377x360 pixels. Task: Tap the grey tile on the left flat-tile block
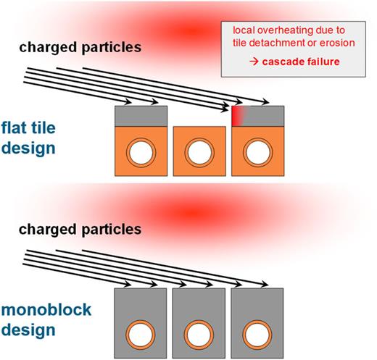click(141, 115)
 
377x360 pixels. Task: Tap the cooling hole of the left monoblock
click(141, 335)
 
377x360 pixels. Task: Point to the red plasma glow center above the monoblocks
click(190, 212)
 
